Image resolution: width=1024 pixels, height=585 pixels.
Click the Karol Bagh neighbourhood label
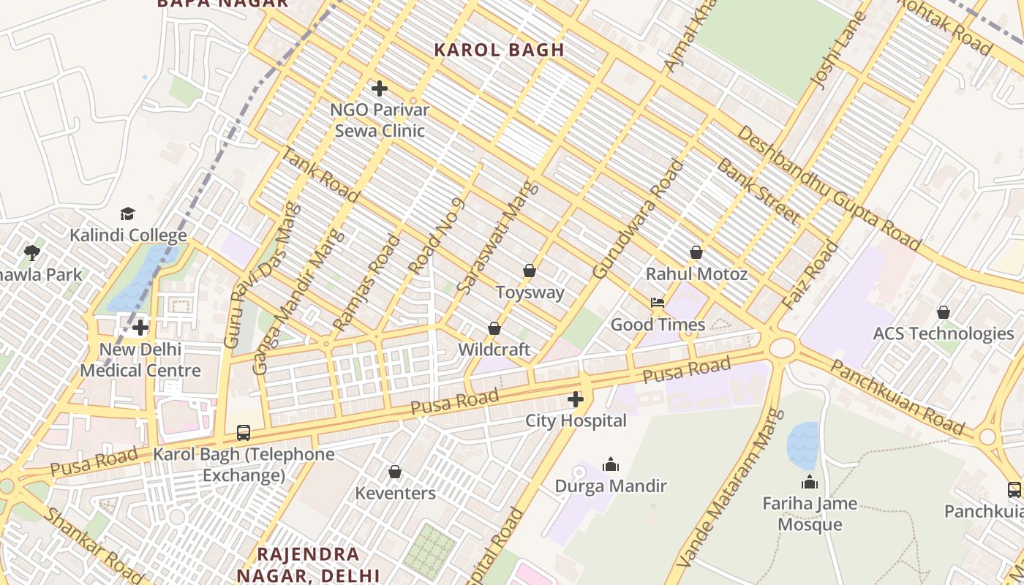point(499,50)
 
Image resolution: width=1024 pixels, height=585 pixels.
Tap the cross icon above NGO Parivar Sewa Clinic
point(379,89)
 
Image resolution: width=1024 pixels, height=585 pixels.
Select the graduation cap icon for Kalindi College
point(128,214)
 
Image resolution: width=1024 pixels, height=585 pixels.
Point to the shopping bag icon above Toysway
point(530,271)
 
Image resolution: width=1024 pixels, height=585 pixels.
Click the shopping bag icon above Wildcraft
point(494,329)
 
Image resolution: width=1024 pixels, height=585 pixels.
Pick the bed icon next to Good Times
point(658,303)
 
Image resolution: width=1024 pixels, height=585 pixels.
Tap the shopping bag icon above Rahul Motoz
point(696,253)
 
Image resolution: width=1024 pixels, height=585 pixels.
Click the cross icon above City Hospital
point(576,399)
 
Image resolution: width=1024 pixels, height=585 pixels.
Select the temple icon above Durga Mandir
point(611,464)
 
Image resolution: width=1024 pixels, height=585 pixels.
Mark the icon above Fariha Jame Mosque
point(810,482)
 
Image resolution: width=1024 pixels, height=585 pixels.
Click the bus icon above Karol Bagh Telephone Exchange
point(244,433)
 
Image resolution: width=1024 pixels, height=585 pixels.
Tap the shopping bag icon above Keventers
point(395,472)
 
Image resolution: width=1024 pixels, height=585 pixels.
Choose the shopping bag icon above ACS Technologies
point(944,312)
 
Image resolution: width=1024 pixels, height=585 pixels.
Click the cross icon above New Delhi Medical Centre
point(140,328)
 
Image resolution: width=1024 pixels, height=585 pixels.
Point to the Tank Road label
point(320,174)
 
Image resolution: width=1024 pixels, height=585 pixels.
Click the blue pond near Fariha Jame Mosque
point(802,445)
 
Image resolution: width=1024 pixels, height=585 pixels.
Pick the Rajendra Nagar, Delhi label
point(308,564)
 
